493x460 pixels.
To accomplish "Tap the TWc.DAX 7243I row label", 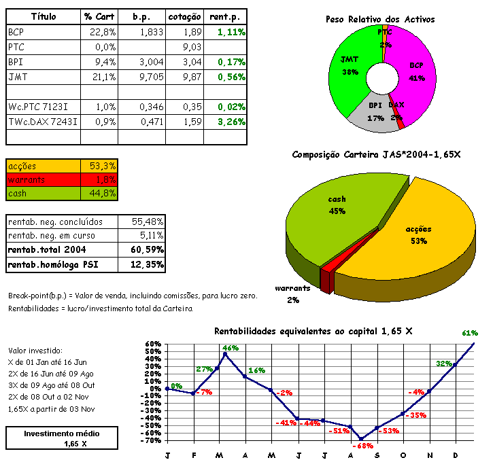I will pos(43,122).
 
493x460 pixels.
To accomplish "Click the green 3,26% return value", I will pos(231,122).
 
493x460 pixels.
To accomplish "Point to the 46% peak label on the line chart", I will pos(230,348).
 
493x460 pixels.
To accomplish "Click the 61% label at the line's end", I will pos(470,333).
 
